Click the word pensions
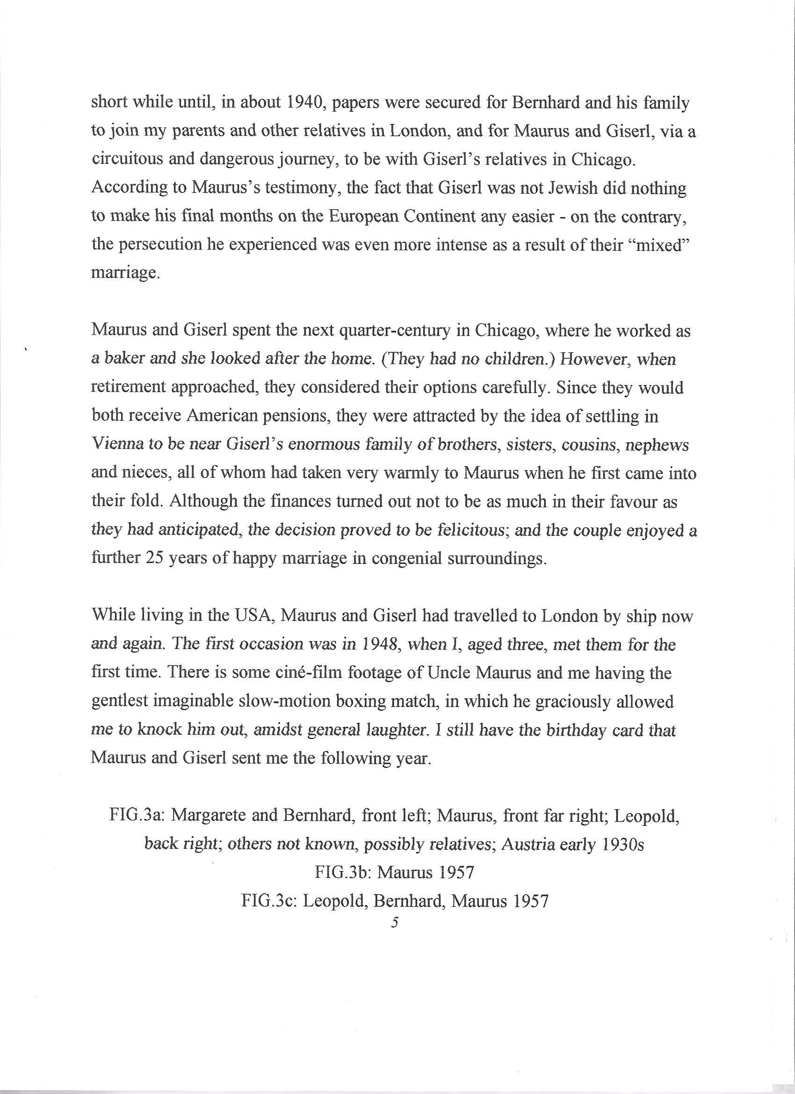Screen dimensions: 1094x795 pos(292,416)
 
